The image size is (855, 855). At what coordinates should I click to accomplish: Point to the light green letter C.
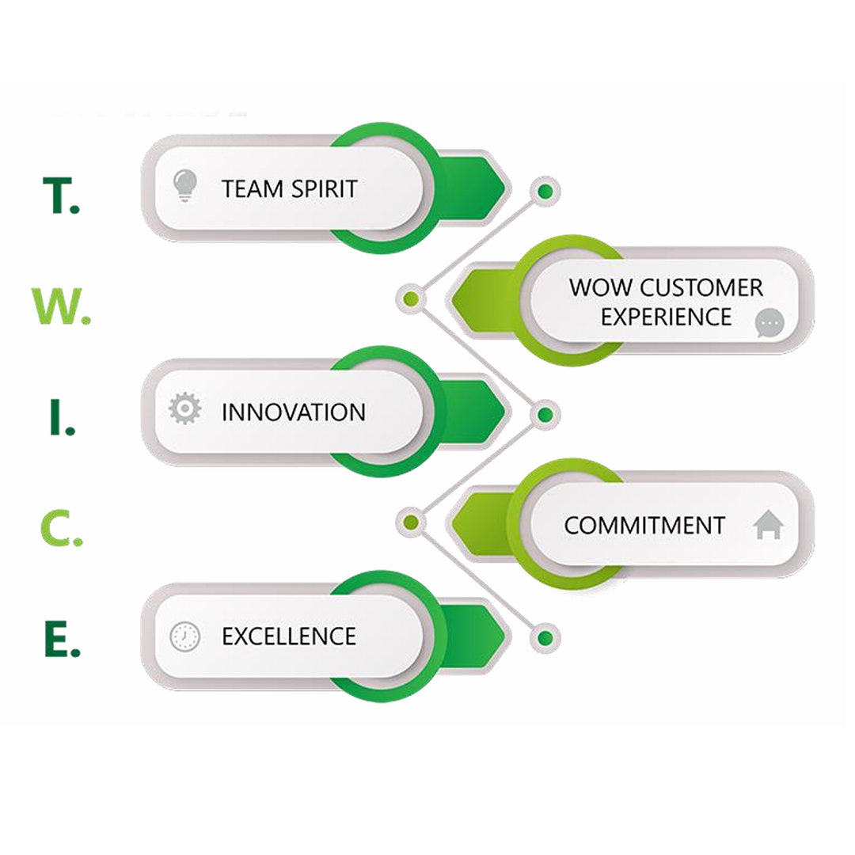(x=56, y=530)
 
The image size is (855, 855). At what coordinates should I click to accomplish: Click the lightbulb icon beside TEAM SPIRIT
(x=184, y=186)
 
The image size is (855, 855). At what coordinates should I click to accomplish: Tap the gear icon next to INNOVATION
(x=185, y=409)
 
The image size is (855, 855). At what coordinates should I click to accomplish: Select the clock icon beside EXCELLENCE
(x=185, y=636)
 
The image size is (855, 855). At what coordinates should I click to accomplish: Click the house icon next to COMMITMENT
(x=769, y=525)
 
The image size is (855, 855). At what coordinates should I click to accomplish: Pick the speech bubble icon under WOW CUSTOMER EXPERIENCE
(x=769, y=323)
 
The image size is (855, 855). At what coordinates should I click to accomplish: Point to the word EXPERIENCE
(x=666, y=317)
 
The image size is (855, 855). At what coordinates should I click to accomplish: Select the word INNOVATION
(x=293, y=412)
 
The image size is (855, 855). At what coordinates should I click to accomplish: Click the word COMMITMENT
(x=644, y=526)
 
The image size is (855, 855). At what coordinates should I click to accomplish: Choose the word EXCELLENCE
(x=288, y=636)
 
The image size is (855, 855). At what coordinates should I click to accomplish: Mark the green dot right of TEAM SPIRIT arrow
(x=545, y=191)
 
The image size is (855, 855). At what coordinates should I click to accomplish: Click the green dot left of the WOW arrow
(x=411, y=298)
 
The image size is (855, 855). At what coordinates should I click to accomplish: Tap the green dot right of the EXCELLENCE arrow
(x=545, y=637)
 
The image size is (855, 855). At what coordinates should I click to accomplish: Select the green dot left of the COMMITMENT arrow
(x=411, y=522)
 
